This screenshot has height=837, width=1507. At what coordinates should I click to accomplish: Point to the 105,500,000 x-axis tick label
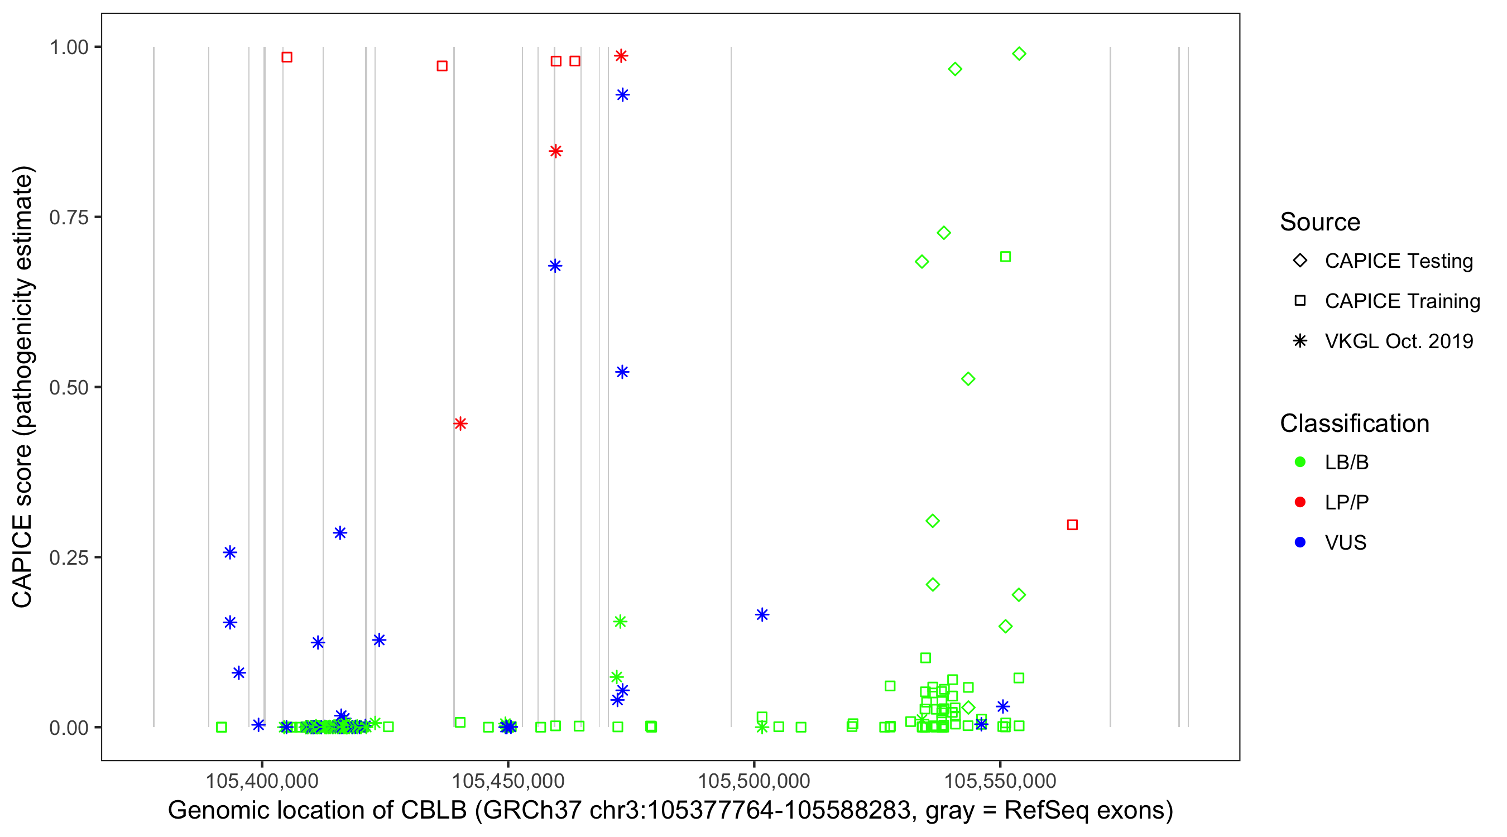point(754,780)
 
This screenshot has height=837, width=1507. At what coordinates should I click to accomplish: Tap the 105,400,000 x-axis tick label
point(262,780)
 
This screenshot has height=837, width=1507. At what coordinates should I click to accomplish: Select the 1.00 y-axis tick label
point(69,47)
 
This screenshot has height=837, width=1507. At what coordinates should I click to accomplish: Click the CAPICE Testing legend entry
point(1398,261)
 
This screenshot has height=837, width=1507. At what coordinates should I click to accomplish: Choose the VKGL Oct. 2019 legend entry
point(1398,341)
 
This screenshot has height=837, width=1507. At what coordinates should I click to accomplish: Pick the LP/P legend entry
point(1346,502)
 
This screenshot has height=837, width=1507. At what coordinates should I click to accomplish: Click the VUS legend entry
point(1345,543)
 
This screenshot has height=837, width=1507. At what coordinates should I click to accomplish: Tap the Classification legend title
point(1354,424)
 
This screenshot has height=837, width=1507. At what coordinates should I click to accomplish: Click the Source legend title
point(1320,222)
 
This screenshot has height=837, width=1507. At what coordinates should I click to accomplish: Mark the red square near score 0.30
point(1072,525)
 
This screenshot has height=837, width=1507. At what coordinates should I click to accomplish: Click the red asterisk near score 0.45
point(460,424)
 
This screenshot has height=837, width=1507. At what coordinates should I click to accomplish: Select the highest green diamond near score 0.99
point(1019,54)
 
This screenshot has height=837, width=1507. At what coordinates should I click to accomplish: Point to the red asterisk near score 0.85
point(556,151)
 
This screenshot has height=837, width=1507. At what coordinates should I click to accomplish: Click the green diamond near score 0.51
point(968,379)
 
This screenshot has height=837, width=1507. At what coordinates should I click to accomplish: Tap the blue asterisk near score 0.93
point(622,95)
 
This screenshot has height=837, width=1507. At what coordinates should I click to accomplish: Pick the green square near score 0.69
point(1005,257)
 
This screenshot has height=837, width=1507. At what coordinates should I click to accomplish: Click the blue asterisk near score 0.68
point(555,266)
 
